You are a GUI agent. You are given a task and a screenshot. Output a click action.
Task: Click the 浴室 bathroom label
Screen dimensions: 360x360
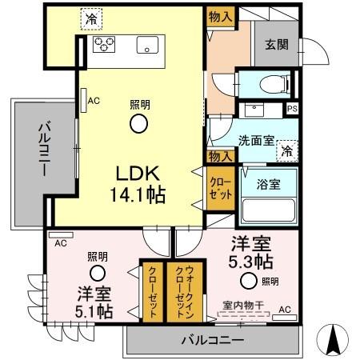click(267, 184)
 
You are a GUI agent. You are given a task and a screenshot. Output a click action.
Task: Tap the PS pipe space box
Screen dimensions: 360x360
click(292, 109)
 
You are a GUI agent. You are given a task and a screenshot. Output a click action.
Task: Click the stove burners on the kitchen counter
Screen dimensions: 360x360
click(103, 43)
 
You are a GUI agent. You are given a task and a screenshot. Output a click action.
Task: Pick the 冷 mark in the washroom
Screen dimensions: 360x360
click(286, 148)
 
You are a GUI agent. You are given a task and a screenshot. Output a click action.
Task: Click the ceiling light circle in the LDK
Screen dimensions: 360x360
click(139, 122)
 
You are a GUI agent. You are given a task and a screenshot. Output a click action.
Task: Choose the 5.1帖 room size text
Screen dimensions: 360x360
click(94, 310)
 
